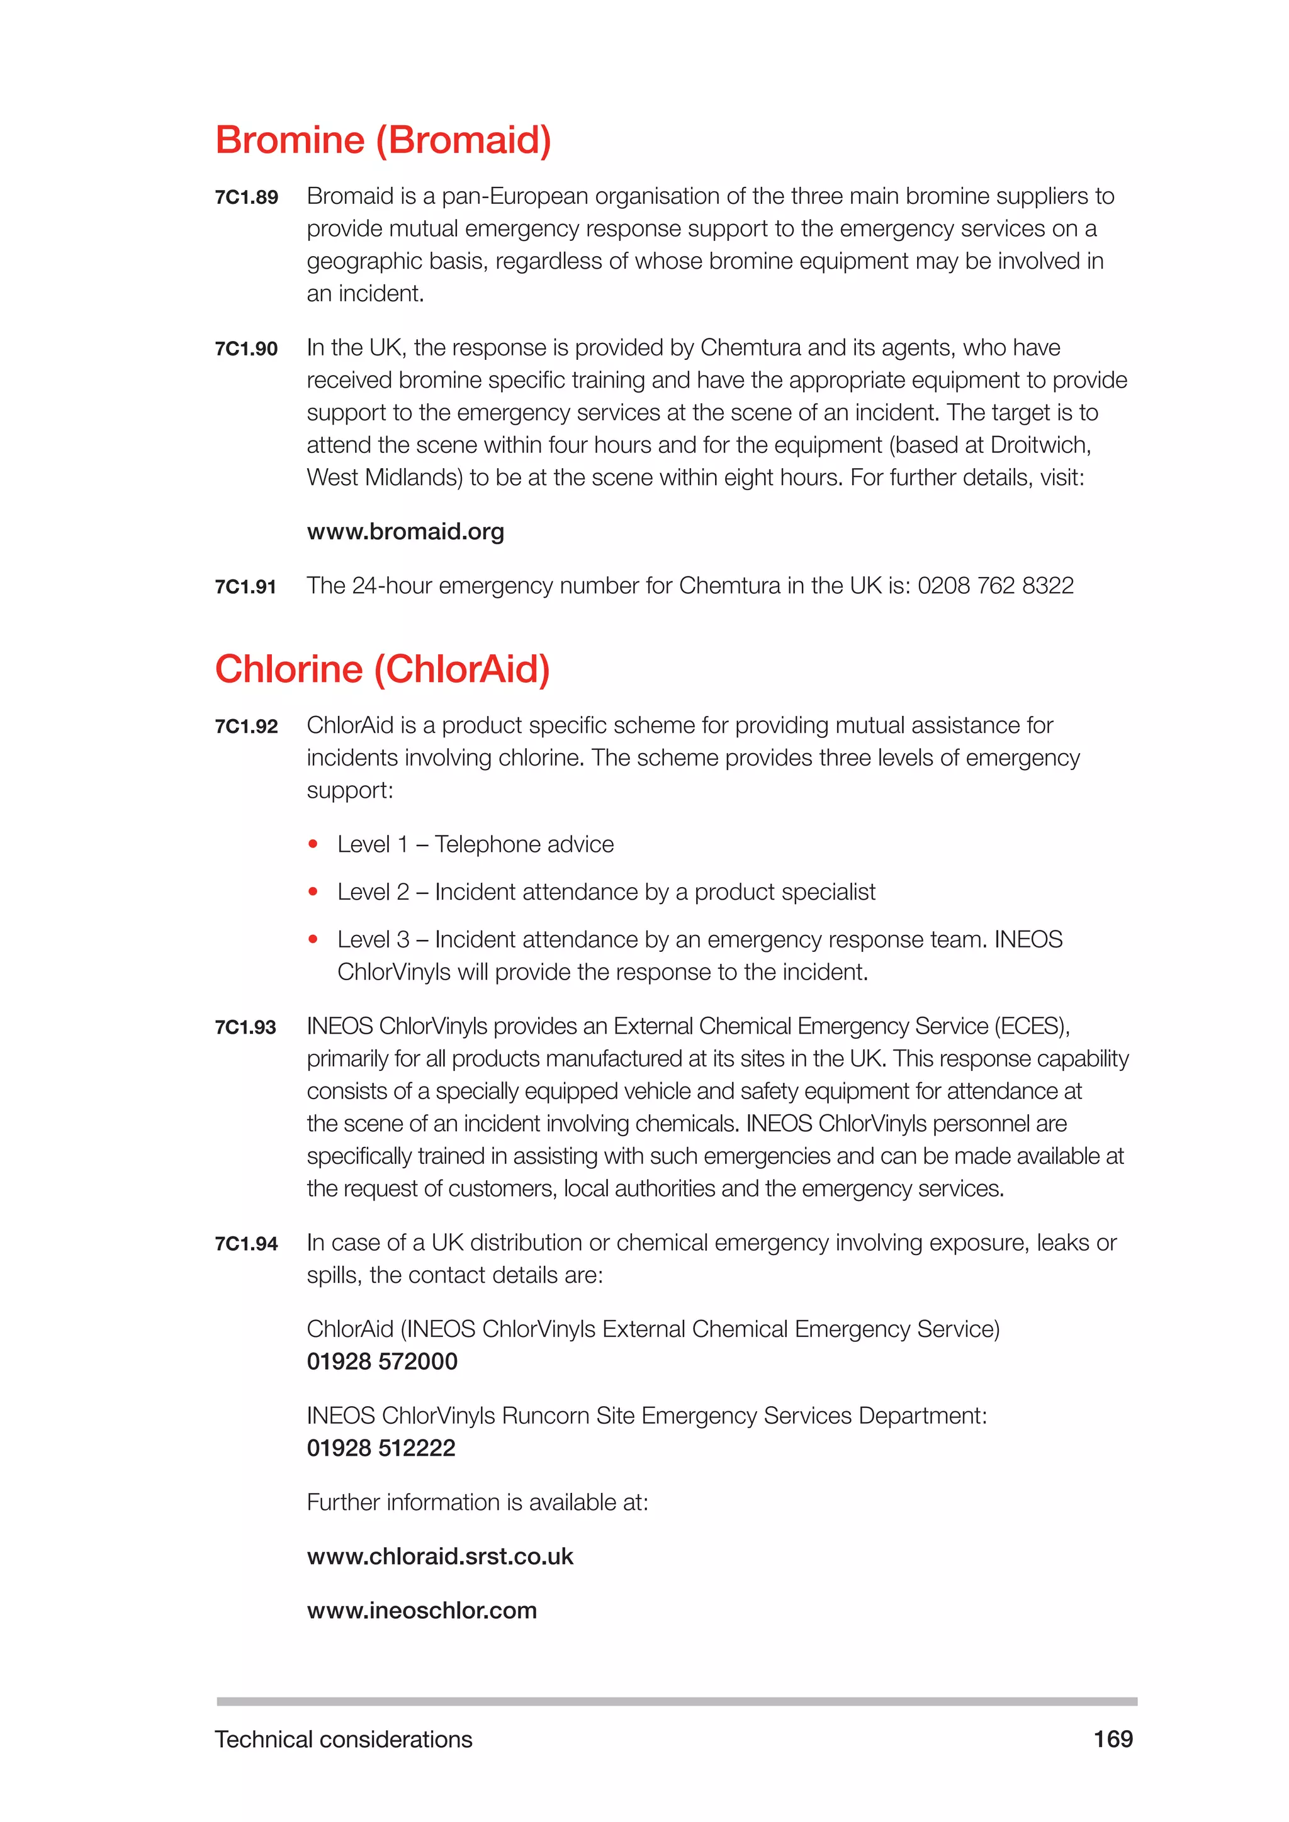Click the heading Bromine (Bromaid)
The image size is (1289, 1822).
(x=383, y=140)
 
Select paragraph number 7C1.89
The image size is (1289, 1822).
(x=246, y=198)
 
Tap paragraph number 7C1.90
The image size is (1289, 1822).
(x=246, y=349)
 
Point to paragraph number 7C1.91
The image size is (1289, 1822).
(x=245, y=587)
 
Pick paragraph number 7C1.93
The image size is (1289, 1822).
(x=245, y=1027)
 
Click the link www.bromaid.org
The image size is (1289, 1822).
(x=405, y=532)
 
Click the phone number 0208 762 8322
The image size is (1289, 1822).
(x=995, y=586)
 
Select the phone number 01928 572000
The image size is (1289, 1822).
(x=382, y=1361)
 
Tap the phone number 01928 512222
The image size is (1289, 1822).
(x=381, y=1448)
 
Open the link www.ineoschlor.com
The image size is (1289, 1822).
(x=422, y=1610)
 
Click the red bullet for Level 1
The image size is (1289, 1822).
(x=313, y=844)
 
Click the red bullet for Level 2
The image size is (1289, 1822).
(x=313, y=892)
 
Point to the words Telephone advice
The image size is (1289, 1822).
(x=524, y=844)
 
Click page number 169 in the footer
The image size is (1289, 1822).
(x=1113, y=1740)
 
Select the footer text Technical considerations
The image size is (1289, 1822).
(x=343, y=1740)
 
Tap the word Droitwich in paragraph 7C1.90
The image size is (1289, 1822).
(x=1040, y=445)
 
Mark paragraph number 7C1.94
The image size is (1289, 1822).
(x=246, y=1244)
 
